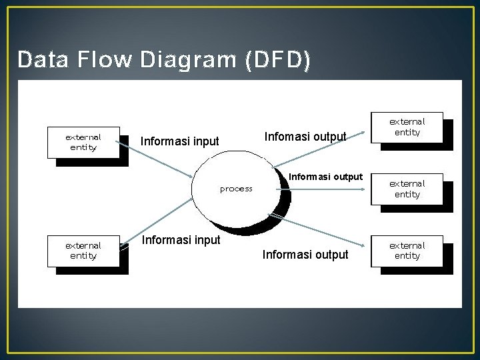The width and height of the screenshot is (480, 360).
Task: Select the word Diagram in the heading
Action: [x=189, y=60]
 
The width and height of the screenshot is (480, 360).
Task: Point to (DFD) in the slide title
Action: [x=277, y=61]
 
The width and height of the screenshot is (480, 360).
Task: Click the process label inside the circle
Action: [x=236, y=189]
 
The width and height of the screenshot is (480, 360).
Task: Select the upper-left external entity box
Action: [x=83, y=142]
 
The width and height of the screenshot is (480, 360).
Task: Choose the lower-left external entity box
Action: [x=83, y=251]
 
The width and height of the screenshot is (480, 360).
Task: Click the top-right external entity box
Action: [x=407, y=127]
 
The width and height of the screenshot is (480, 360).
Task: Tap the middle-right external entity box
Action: [x=407, y=189]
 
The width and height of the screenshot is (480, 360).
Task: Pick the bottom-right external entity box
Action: [x=407, y=251]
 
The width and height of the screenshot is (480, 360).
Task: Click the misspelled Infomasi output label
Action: [x=305, y=137]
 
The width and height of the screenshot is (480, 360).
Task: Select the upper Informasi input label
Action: [x=179, y=141]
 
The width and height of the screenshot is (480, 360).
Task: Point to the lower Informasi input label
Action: [x=181, y=240]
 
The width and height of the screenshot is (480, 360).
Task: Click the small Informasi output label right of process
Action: [x=325, y=177]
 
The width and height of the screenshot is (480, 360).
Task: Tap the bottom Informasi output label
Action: [x=305, y=255]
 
